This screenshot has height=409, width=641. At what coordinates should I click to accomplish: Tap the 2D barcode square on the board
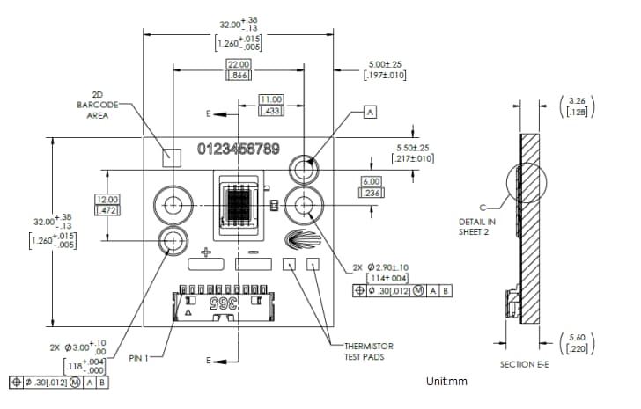click(173, 157)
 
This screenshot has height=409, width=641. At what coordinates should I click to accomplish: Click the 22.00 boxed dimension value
click(239, 65)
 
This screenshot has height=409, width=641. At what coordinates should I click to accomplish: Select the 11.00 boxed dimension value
click(269, 99)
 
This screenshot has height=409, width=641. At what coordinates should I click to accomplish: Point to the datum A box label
click(369, 113)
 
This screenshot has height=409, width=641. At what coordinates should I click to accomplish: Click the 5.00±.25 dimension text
click(385, 65)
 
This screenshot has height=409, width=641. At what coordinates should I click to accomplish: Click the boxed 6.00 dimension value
click(370, 181)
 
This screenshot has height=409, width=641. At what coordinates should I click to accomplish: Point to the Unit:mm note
click(446, 381)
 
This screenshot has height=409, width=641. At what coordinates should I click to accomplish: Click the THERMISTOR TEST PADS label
click(369, 351)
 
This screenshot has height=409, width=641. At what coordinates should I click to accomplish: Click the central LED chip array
click(238, 206)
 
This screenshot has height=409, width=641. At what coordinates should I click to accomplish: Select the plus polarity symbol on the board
click(206, 253)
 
